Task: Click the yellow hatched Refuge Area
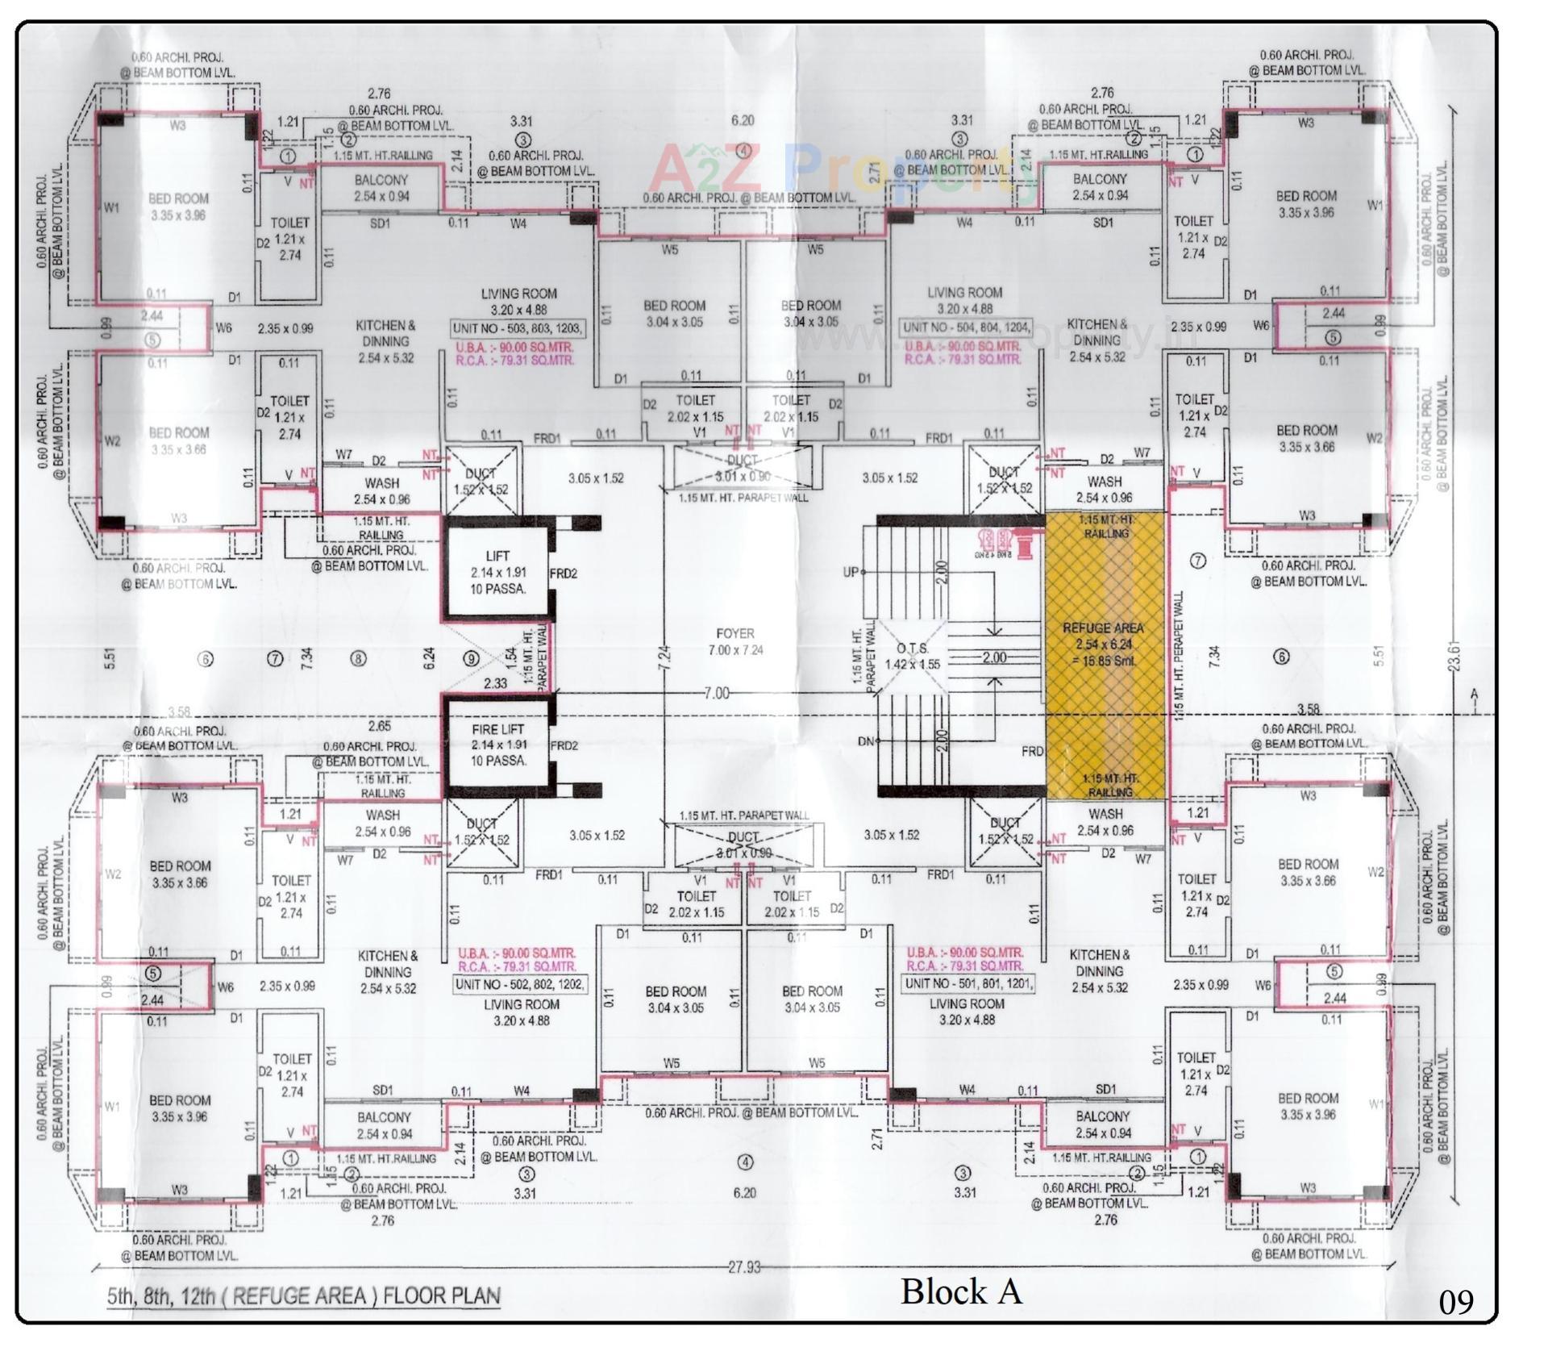(1105, 653)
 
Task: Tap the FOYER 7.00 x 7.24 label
(734, 641)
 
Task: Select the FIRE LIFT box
(497, 745)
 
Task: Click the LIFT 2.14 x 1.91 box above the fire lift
(497, 572)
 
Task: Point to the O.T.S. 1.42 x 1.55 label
(912, 656)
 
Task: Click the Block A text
(961, 1291)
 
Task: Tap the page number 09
(1455, 1302)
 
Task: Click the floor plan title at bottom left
(304, 1296)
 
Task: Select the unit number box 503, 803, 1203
(518, 328)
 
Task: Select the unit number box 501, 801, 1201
(967, 984)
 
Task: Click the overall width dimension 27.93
(744, 1267)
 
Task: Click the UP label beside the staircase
(851, 572)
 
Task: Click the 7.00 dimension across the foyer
(716, 693)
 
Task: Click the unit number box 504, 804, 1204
(965, 327)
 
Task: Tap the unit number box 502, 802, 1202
(521, 984)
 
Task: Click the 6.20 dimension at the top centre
(742, 120)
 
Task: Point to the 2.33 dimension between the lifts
(495, 683)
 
